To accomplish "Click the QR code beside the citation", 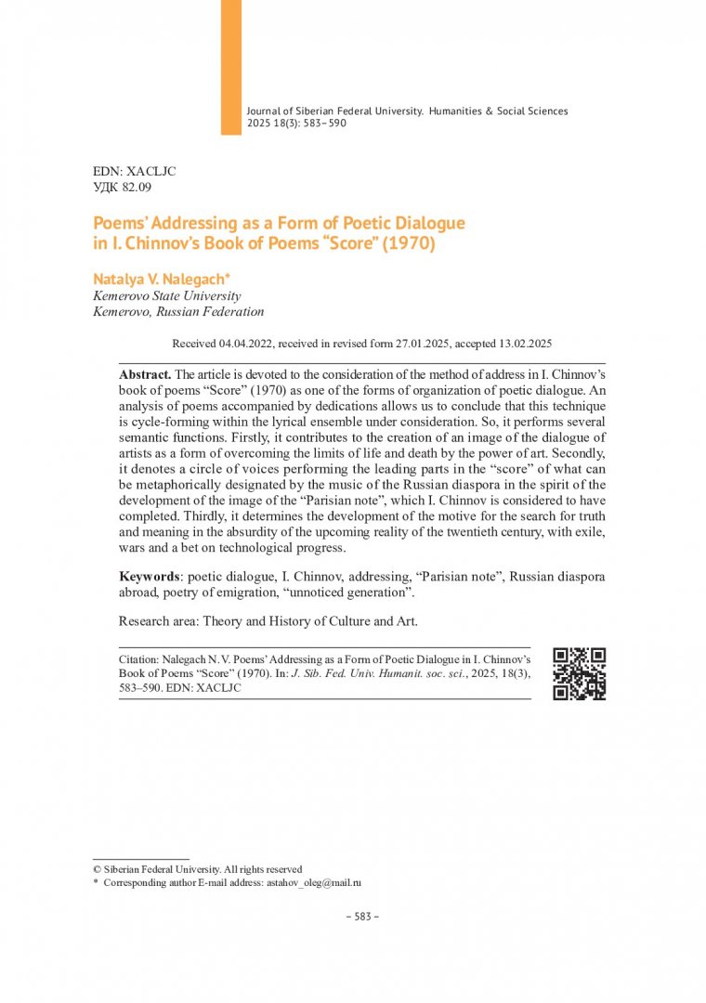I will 579,673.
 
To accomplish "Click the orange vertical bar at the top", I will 230,67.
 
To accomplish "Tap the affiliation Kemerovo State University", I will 167,296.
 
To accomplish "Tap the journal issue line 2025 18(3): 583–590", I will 296,123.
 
